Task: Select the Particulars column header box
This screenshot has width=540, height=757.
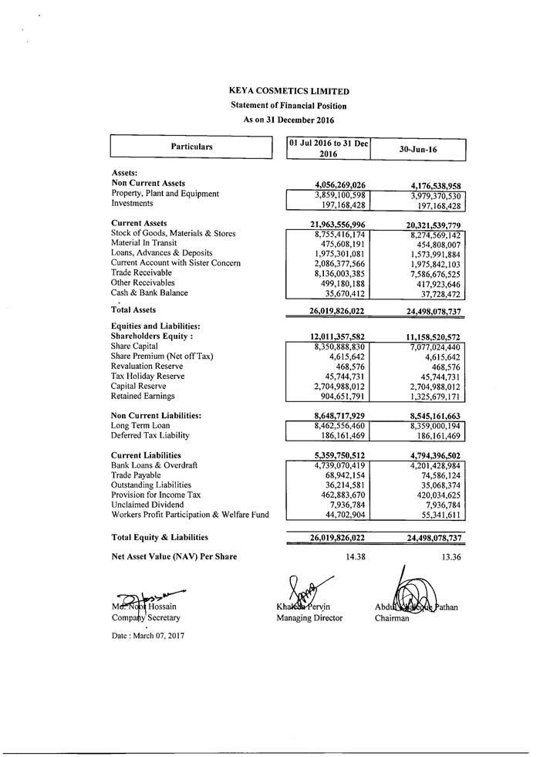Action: point(192,147)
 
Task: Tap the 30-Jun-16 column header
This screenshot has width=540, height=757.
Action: point(418,148)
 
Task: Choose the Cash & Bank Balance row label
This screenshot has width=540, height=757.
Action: point(150,293)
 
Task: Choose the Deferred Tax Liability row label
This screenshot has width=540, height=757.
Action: point(151,435)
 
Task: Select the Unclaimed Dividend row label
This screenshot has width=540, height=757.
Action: point(148,505)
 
